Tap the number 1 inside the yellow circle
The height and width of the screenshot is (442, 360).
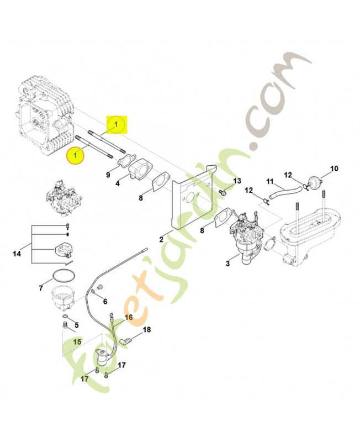click(76, 156)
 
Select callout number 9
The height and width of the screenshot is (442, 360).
click(109, 175)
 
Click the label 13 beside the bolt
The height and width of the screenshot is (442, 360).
click(237, 181)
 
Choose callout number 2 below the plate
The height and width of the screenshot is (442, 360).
click(162, 239)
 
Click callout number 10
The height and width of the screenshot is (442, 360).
click(333, 168)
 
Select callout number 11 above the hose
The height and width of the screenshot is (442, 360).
click(271, 181)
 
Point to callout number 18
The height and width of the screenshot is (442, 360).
click(146, 330)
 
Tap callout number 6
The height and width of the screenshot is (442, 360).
click(105, 301)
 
